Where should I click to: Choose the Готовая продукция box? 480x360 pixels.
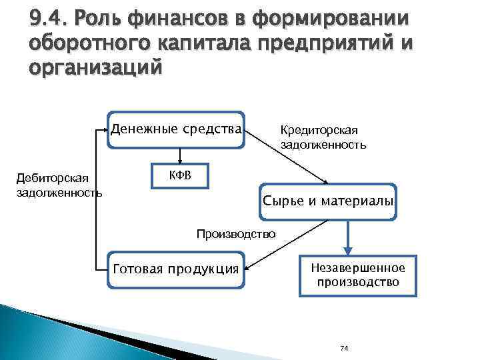click(176, 269)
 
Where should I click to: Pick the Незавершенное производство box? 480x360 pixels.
click(358, 275)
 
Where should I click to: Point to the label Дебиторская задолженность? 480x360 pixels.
click(59, 186)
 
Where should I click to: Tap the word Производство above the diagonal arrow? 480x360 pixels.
click(235, 234)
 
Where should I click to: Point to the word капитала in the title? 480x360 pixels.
click(211, 43)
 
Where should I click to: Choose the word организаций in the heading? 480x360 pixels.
click(95, 69)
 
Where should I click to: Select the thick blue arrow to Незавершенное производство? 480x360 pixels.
click(347, 237)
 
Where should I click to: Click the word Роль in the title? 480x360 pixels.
click(105, 18)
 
